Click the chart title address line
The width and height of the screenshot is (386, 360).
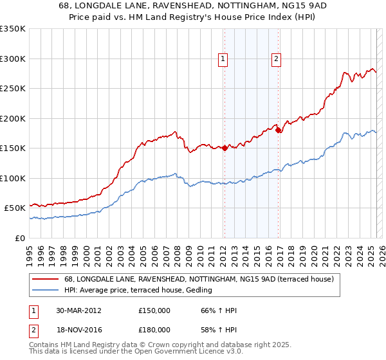coord(193,6)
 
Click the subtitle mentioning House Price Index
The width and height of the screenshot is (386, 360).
coord(193,17)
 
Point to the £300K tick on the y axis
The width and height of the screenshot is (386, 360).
coord(13,59)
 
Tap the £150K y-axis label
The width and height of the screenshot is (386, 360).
coord(13,148)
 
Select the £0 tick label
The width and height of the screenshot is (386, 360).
coord(19,238)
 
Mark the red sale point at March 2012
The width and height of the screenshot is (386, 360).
coord(225,148)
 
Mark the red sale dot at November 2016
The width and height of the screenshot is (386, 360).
coord(278,130)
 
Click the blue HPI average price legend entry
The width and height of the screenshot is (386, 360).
coord(142,291)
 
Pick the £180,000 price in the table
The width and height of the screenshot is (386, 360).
coord(154,328)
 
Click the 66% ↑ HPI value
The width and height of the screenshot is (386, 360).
coord(219,310)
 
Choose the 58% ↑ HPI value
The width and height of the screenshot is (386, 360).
coord(219,328)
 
